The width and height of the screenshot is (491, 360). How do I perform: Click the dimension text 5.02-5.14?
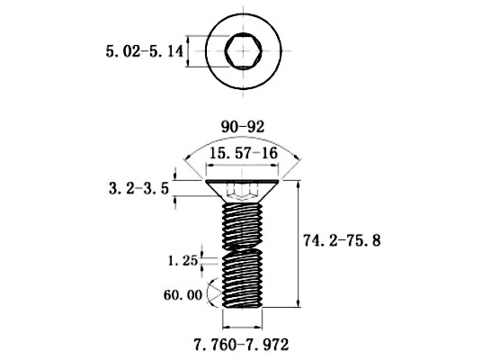tap(145, 51)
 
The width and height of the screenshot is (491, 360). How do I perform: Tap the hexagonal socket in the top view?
tap(244, 50)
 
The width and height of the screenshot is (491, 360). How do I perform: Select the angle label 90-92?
tap(243, 127)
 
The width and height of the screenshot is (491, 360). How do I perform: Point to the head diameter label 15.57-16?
tap(244, 153)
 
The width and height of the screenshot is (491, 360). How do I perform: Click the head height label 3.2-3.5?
tap(138, 189)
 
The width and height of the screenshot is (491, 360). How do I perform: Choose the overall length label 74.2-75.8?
tap(342, 240)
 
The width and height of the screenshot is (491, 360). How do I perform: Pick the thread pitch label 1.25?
tap(183, 261)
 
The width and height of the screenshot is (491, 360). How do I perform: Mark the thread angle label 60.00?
tap(183, 295)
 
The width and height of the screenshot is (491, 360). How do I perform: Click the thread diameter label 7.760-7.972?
tap(241, 345)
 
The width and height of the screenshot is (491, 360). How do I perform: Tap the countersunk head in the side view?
tap(242, 191)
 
